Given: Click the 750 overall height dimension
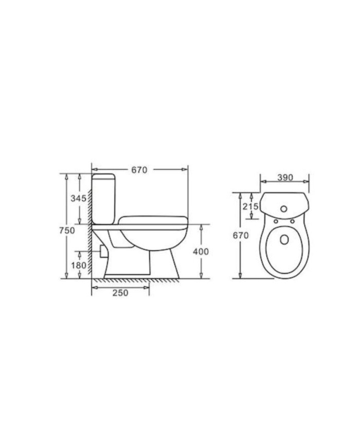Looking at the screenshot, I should click(x=67, y=230).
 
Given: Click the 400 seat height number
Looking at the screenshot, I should click(x=201, y=252).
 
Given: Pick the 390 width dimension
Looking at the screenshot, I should click(x=285, y=177).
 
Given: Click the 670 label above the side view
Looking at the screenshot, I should click(x=139, y=170).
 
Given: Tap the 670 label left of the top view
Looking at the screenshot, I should click(x=241, y=236).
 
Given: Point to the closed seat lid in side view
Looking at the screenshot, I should click(x=152, y=220).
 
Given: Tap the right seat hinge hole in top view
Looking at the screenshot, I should click(x=293, y=222).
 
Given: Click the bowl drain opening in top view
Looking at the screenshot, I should click(x=284, y=240).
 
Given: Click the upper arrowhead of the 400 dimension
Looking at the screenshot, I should click(x=201, y=228).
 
